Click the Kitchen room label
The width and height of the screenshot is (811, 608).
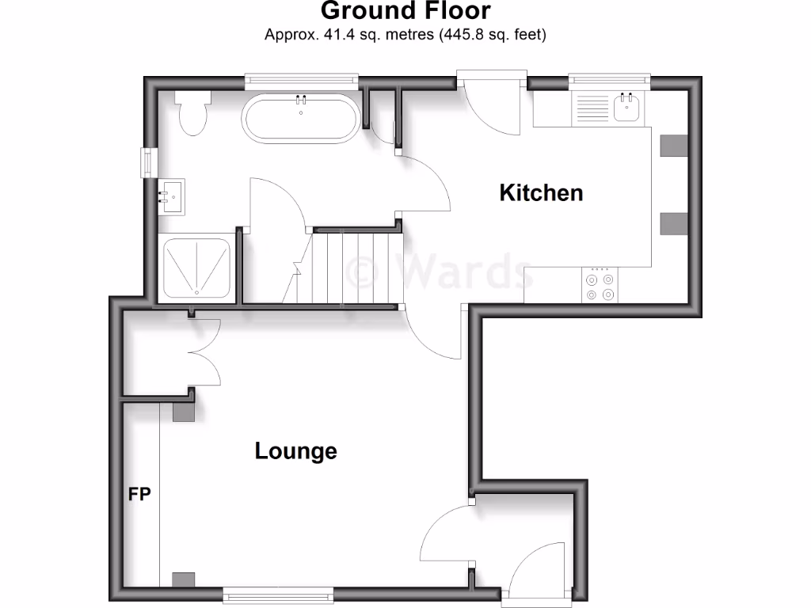coord(541,192)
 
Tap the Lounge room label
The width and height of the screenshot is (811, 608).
coord(295,451)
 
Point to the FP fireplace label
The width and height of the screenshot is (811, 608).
coord(140,495)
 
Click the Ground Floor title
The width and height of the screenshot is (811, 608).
coord(405,11)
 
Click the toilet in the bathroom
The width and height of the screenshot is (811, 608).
coord(192,112)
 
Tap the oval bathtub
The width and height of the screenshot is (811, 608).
coord(301,119)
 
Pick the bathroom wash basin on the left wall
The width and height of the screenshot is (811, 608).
coord(172,196)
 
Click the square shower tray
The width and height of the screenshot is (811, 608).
coord(197,268)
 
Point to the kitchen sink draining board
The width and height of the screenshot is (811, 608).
coord(590,109)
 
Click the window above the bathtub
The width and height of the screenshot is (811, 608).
coord(301,78)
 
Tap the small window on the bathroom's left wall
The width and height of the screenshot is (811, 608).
coord(146,162)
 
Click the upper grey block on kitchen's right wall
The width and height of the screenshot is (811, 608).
coord(674,145)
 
